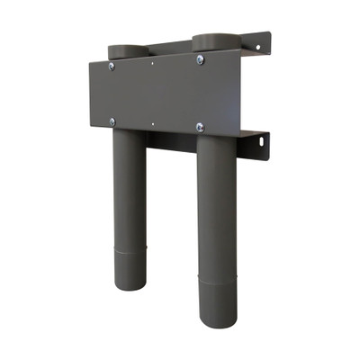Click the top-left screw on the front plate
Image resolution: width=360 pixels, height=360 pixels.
click(112, 66)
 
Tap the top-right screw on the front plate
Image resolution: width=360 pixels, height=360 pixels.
click(200, 60)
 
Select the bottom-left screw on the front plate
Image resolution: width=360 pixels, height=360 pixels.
click(112, 121)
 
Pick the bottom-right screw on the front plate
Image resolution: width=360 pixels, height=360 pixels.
click(200, 127)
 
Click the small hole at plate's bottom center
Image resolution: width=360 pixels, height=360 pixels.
click(154, 123)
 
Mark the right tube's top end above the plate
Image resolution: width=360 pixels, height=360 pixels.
click(213, 41)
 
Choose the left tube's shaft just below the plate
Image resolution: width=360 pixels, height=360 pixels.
click(130, 153)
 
